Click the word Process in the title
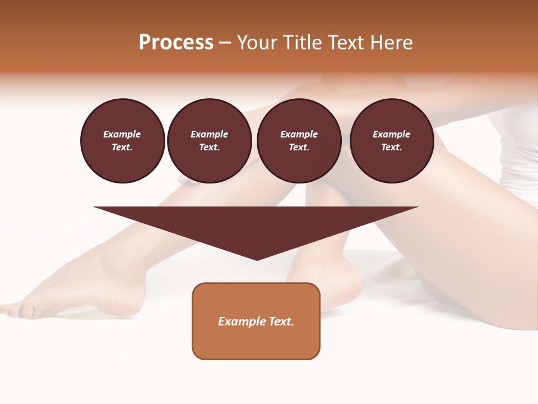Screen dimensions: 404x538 tap(176, 43)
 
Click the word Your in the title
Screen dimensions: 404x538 tap(258, 43)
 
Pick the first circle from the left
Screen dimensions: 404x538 tap(122, 141)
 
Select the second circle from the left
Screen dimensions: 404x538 tap(209, 141)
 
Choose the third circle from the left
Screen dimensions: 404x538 tap(299, 141)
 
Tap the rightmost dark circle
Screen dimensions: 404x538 tap(391, 141)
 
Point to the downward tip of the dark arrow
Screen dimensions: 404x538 tap(257, 259)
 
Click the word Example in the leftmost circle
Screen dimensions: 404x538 tap(122, 135)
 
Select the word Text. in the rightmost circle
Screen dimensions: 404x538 tap(391, 148)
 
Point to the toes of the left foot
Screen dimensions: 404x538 tap(14, 307)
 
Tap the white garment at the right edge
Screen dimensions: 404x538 tap(518, 151)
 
